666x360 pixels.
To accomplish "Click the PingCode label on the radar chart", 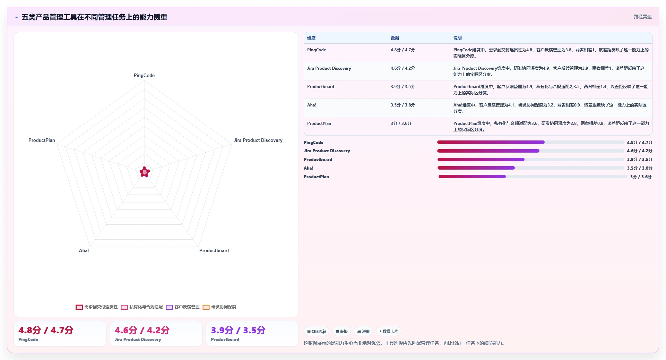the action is pyautogui.click(x=144, y=75).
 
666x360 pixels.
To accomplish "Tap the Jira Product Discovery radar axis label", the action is pyautogui.click(x=258, y=140).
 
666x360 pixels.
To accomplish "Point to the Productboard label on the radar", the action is pyautogui.click(x=214, y=250).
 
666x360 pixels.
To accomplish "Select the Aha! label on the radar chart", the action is pyautogui.click(x=84, y=250).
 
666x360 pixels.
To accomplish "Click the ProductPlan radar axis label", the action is pyautogui.click(x=42, y=140).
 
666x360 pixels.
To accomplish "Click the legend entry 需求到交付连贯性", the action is pyautogui.click(x=97, y=307).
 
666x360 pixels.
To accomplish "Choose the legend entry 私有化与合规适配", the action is pyautogui.click(x=142, y=307).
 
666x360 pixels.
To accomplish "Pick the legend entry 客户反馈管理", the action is pyautogui.click(x=183, y=307).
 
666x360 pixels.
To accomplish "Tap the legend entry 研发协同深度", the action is pyautogui.click(x=219, y=307).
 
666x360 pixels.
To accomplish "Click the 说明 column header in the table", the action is pyautogui.click(x=458, y=38).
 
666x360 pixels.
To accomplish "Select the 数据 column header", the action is pyautogui.click(x=395, y=38).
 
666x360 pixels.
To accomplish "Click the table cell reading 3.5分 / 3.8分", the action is pyautogui.click(x=403, y=105).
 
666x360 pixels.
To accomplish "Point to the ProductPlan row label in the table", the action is pyautogui.click(x=319, y=123).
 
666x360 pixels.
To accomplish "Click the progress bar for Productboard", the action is pyautogui.click(x=531, y=160).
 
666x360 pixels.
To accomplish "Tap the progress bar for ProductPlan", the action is pyautogui.click(x=533, y=177).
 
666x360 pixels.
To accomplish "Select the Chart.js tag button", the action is pyautogui.click(x=317, y=331).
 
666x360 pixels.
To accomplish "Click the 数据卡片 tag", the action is pyautogui.click(x=389, y=331).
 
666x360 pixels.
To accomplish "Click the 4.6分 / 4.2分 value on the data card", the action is pyautogui.click(x=142, y=330).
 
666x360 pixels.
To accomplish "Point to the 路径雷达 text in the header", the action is pyautogui.click(x=643, y=17).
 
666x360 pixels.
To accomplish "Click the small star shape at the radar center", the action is pyautogui.click(x=145, y=172).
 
